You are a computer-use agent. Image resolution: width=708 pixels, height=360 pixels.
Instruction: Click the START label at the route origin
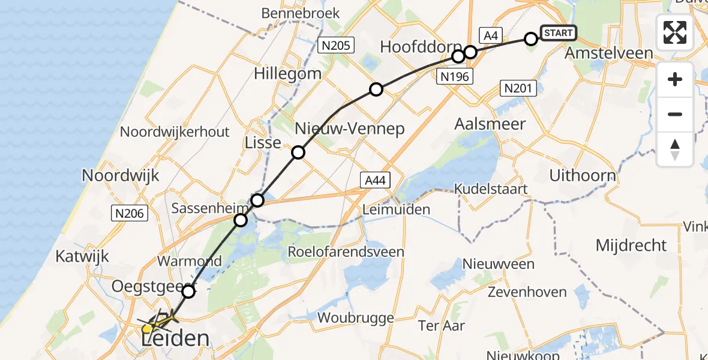pos(558,33)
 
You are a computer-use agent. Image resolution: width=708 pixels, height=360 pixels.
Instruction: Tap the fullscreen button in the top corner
pos(675,32)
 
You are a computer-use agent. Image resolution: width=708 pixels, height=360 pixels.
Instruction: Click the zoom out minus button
pos(675,114)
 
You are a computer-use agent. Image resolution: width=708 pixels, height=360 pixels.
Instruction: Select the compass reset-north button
pos(675,149)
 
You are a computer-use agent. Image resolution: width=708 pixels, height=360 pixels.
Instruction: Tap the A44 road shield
pos(376,179)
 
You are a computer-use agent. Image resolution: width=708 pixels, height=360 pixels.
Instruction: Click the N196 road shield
pos(454,76)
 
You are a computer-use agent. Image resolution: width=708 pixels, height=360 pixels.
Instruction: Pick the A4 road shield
pos(490,36)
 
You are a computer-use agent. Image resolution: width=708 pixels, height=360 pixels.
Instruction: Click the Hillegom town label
pos(287,74)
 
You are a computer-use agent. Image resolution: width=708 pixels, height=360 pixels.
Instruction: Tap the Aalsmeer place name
pos(490,124)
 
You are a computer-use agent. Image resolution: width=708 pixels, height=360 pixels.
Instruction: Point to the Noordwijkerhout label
pos(175,131)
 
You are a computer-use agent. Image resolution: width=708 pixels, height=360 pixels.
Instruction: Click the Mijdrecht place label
pos(631,245)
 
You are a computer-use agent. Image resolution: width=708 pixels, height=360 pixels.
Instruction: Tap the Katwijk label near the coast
pos(82,256)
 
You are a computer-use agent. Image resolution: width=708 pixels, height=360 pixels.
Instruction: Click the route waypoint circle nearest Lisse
pos(298,152)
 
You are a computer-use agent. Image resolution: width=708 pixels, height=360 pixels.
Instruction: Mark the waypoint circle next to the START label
pos(531,39)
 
